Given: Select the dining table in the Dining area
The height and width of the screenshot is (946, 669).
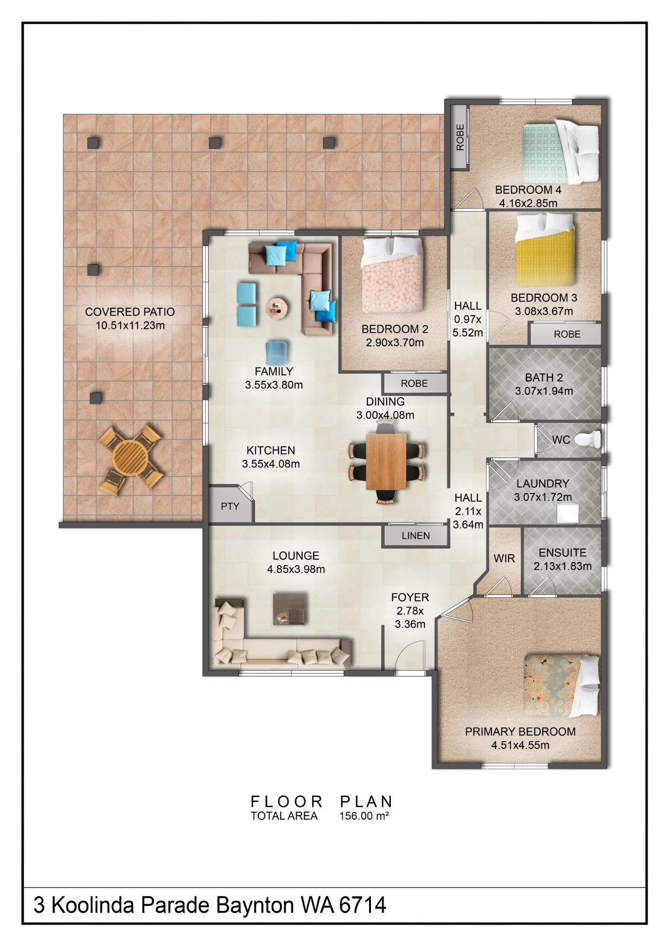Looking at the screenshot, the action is click(x=386, y=461).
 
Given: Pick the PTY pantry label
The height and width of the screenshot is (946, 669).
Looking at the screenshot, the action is click(x=230, y=506).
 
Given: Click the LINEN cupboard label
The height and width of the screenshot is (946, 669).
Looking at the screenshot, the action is click(x=416, y=535).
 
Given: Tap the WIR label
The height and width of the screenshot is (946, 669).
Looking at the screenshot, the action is click(x=504, y=559).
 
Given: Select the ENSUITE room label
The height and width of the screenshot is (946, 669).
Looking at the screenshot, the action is click(x=563, y=552).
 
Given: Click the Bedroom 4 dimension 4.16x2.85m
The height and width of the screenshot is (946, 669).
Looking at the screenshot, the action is click(x=528, y=203).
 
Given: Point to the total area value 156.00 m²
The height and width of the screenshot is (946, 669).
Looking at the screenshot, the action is click(x=364, y=816).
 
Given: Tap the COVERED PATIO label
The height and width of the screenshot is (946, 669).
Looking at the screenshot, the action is click(x=130, y=312).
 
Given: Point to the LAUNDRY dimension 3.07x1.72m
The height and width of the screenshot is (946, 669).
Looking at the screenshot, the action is click(x=543, y=497).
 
